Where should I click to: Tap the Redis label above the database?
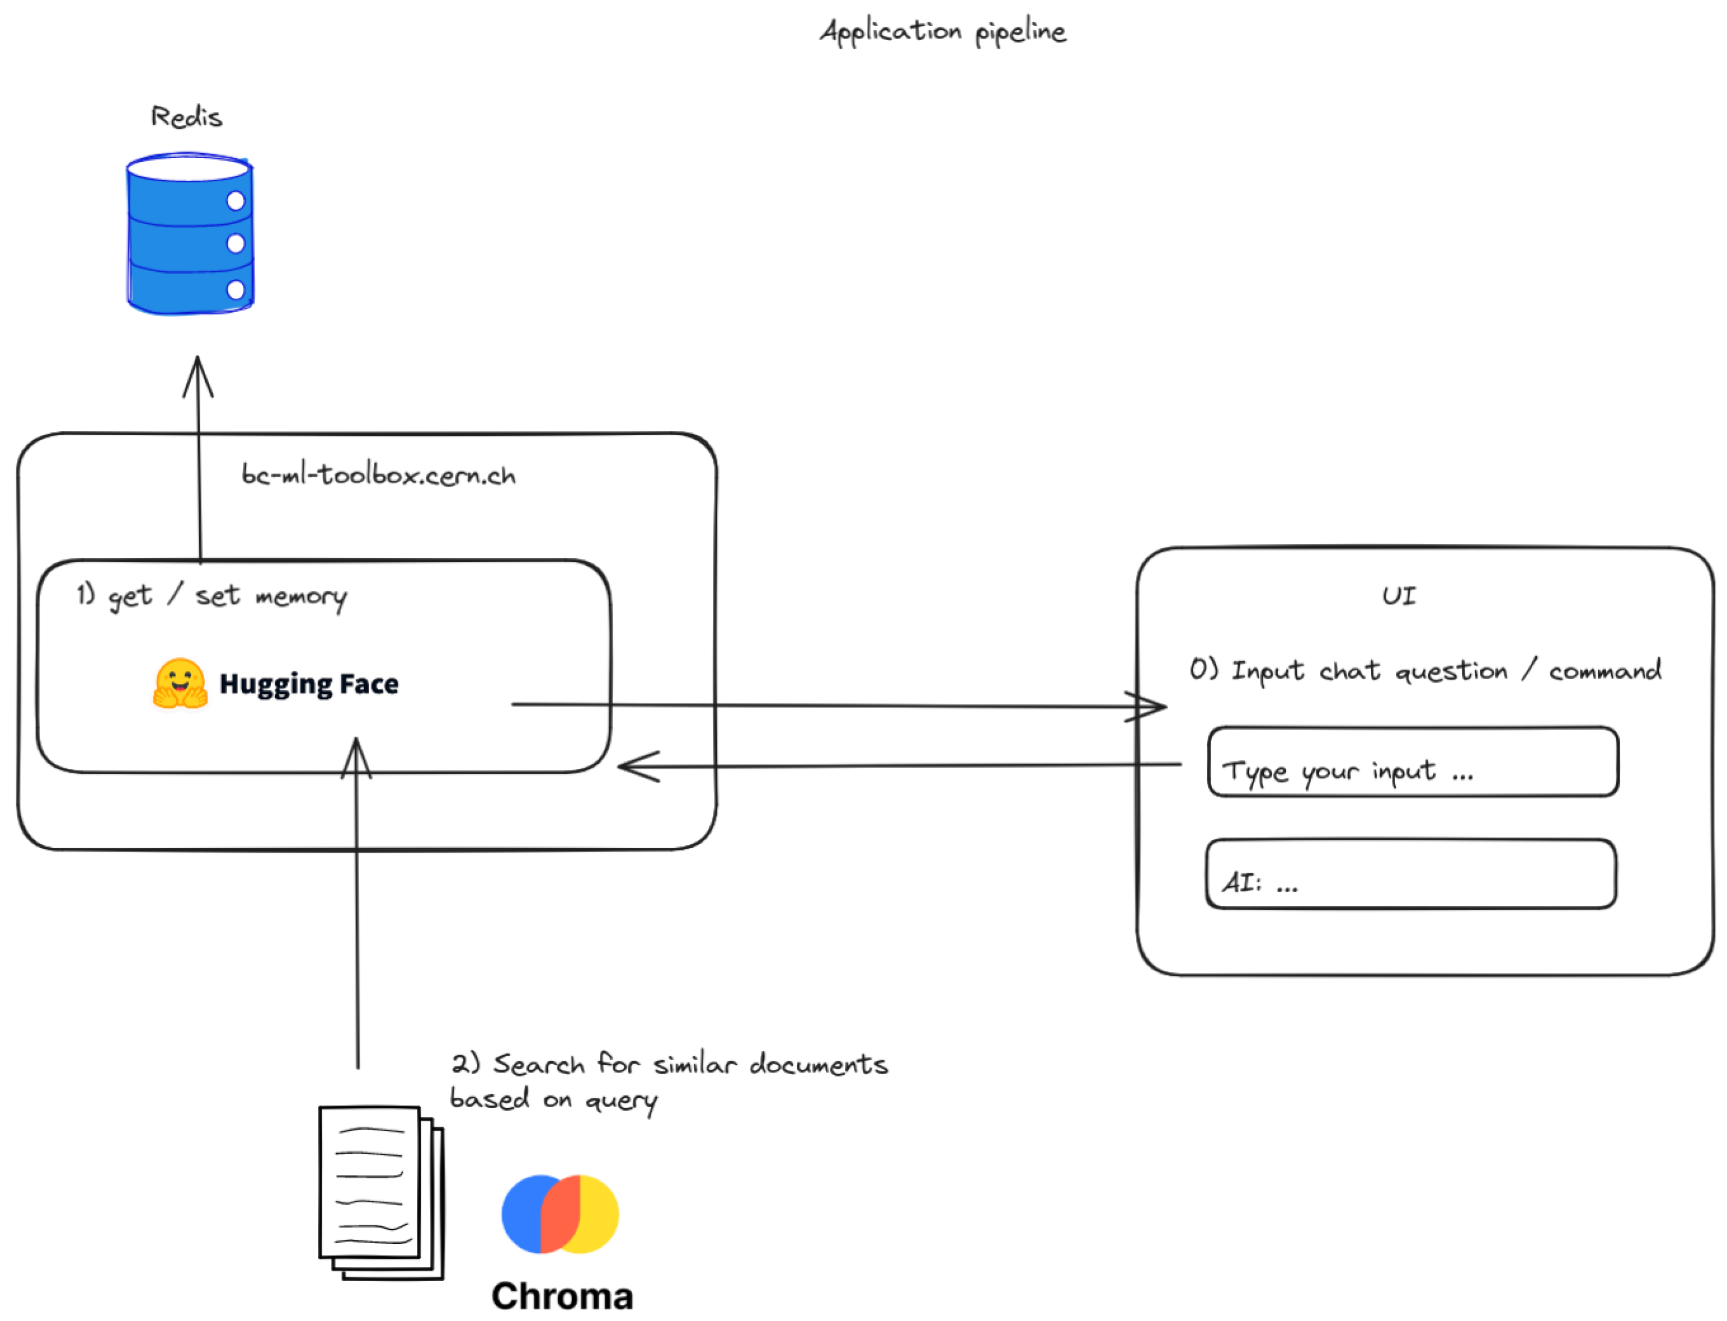186,117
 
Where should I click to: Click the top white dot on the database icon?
235,201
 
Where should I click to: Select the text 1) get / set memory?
211,596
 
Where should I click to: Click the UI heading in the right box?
1398,596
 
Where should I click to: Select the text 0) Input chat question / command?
1424,671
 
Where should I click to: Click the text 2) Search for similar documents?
669,1065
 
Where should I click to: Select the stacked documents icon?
381,1193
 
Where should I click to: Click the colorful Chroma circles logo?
560,1214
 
